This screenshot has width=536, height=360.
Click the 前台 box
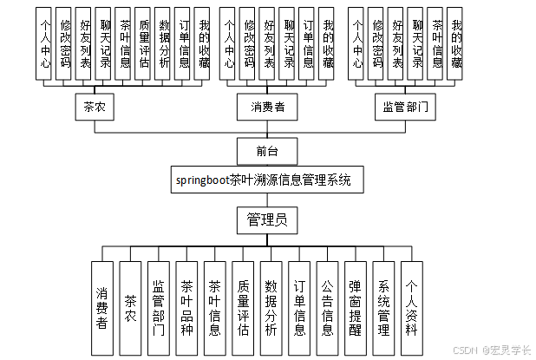(267, 151)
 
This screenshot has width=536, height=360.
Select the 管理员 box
(267, 219)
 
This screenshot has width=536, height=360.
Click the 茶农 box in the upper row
(95, 108)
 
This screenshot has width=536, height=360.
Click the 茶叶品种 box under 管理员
(187, 308)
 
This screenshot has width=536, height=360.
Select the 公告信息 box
(328, 308)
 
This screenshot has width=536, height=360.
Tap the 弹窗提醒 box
(356, 308)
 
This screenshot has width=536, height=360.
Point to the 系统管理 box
(384, 308)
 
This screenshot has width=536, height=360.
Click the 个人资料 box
(412, 308)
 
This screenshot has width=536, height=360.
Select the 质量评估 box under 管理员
(244, 308)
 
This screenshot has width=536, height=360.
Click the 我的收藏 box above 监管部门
(456, 43)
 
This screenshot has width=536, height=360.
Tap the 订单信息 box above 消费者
(308, 43)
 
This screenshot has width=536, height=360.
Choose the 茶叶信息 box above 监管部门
(436, 43)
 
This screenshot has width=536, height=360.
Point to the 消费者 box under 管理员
(102, 308)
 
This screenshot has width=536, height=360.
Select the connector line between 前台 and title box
(267, 167)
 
